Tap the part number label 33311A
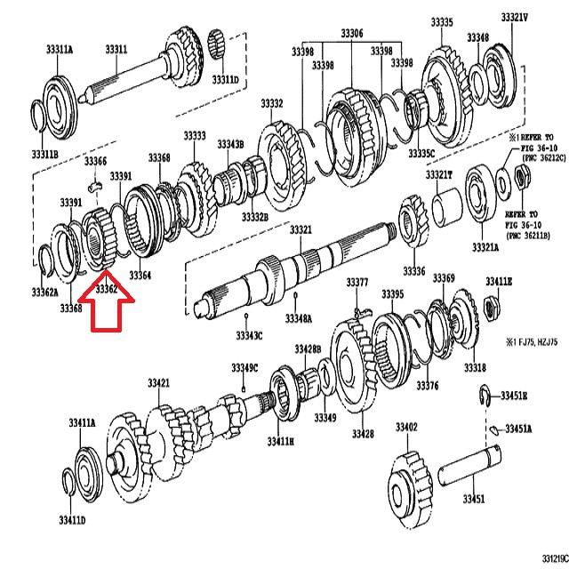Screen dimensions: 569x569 point(59,49)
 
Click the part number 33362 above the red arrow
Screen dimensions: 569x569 point(107,288)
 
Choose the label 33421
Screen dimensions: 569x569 point(158,382)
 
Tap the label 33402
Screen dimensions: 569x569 point(406,428)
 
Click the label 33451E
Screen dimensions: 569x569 point(514,396)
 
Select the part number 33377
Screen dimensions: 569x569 point(357,283)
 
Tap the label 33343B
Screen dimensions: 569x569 point(230,143)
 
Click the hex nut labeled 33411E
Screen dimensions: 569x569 point(491,308)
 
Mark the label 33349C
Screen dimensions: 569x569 point(244,367)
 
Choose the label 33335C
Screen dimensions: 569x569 point(421,153)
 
